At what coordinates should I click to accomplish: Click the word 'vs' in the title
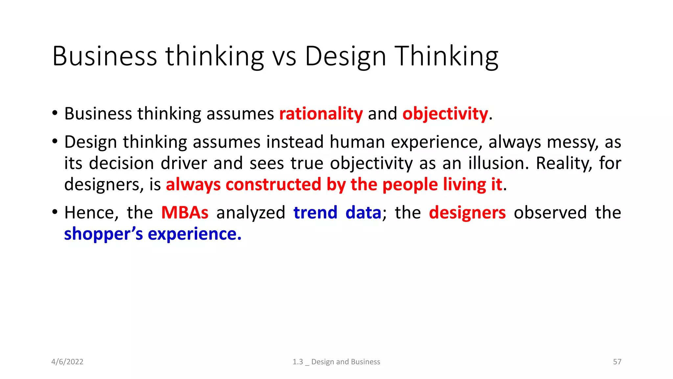pos(285,57)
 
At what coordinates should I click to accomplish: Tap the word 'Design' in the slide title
pos(345,57)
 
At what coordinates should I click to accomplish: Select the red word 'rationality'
pos(321,114)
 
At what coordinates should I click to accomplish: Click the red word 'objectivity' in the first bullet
pos(445,114)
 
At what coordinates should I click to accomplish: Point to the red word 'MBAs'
pos(185,213)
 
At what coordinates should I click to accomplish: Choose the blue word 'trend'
pos(315,213)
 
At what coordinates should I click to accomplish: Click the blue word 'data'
pos(363,213)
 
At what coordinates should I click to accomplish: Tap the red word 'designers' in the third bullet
pos(467,213)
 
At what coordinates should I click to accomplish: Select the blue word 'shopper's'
pos(104,234)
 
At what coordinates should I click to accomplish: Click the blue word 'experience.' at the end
pos(195,234)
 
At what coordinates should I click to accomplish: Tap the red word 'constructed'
pos(273,184)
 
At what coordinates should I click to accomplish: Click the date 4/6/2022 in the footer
pos(67,362)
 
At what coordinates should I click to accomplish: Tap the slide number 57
pos(617,362)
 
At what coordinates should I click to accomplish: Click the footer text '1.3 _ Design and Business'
pos(336,362)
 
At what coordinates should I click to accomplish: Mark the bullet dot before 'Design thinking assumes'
pos(55,142)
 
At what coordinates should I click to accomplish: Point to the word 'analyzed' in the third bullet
pos(251,213)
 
